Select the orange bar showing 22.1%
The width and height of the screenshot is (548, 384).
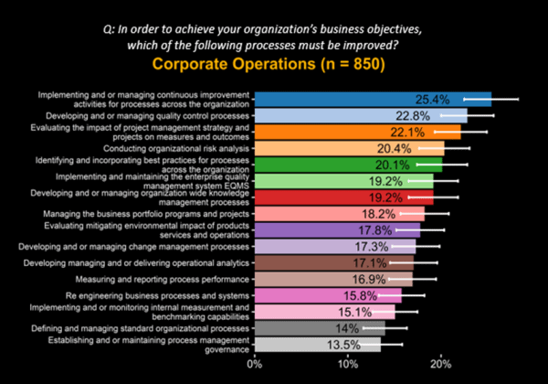[x=338, y=132]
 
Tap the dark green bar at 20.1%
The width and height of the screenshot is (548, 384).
[x=329, y=165]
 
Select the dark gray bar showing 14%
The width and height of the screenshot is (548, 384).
[x=292, y=328]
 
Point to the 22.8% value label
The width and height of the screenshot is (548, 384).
[x=413, y=116]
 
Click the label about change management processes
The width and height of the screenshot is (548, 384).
[x=146, y=247]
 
